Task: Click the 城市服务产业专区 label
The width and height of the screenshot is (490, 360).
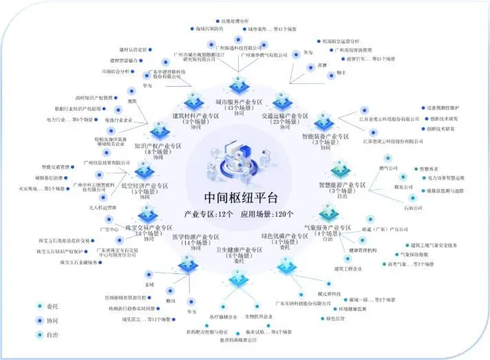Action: coord(239,107)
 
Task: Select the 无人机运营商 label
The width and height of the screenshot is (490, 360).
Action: coord(103,207)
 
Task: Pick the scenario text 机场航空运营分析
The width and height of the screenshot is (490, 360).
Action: coord(337,41)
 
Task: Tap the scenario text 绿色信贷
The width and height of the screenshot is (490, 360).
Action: coord(335,318)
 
